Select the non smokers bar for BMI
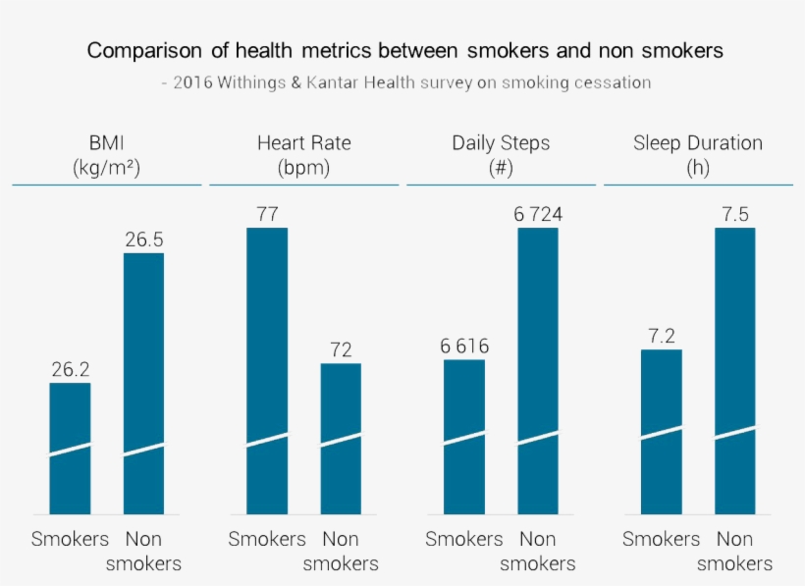[x=143, y=383]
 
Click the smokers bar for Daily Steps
[x=464, y=436]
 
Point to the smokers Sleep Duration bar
[x=662, y=431]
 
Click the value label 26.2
[x=71, y=369]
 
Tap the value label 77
[x=267, y=214]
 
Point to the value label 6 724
[x=538, y=214]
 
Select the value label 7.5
[x=735, y=214]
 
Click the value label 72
[x=341, y=349]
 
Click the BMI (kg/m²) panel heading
[x=107, y=154]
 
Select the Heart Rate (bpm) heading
[x=303, y=154]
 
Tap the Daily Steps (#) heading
[x=501, y=154]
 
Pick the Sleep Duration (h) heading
[x=698, y=154]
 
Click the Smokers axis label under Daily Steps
[x=464, y=539]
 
